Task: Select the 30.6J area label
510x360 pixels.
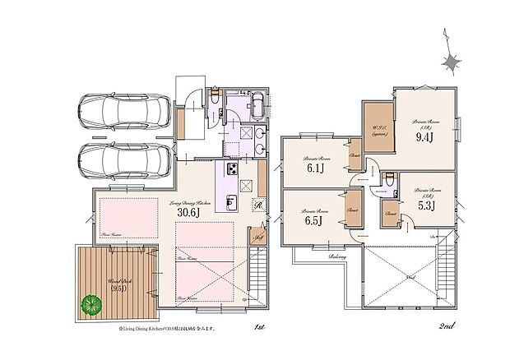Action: click(x=188, y=211)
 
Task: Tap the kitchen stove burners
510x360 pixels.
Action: click(x=231, y=170)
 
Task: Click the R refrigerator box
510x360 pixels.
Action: click(x=257, y=206)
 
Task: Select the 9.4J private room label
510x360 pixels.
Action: click(x=424, y=137)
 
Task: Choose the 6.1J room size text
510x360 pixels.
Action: click(x=315, y=169)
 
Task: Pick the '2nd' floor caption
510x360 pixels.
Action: click(x=447, y=327)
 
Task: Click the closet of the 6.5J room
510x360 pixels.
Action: click(x=353, y=210)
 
